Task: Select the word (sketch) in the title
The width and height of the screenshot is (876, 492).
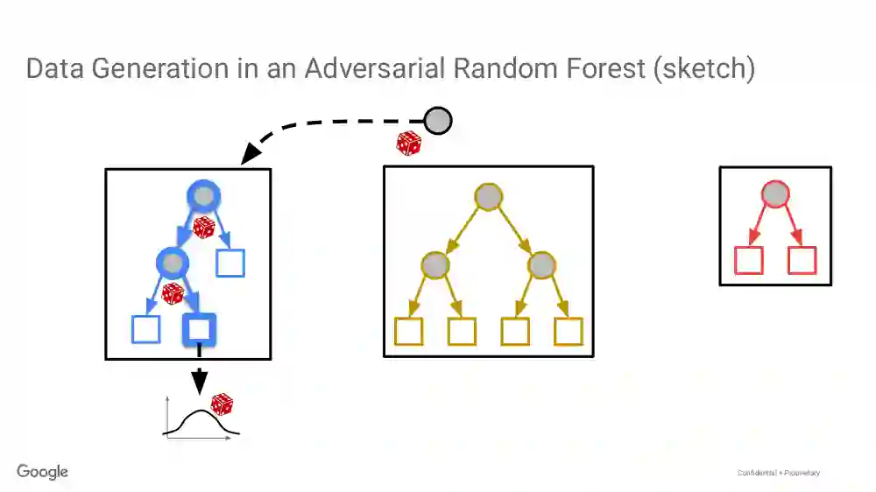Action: [x=704, y=68]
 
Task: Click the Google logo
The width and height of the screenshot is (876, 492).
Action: [x=42, y=472]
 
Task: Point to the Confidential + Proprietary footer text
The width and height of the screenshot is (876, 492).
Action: [x=779, y=473]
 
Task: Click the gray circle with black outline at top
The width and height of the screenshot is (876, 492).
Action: [x=438, y=121]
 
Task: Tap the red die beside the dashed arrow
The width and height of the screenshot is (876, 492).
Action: [x=408, y=143]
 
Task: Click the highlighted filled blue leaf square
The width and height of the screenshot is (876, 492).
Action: [x=199, y=329]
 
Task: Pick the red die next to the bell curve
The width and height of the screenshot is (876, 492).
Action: [x=222, y=404]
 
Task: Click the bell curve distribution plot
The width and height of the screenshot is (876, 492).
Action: [x=200, y=421]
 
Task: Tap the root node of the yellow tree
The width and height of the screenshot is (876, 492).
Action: [x=488, y=196]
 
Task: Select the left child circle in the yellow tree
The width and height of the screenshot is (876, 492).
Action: [x=435, y=264]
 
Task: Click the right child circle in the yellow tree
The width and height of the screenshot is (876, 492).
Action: [x=541, y=264]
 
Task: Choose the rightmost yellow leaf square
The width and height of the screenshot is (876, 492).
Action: [x=568, y=331]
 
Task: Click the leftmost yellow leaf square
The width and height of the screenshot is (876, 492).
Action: [x=409, y=331]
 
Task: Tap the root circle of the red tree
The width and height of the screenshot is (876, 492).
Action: [x=774, y=194]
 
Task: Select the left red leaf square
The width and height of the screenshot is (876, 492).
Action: [x=748, y=260]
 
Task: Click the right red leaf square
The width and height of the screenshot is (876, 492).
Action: [x=802, y=260]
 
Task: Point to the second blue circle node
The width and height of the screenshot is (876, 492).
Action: [x=172, y=262]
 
